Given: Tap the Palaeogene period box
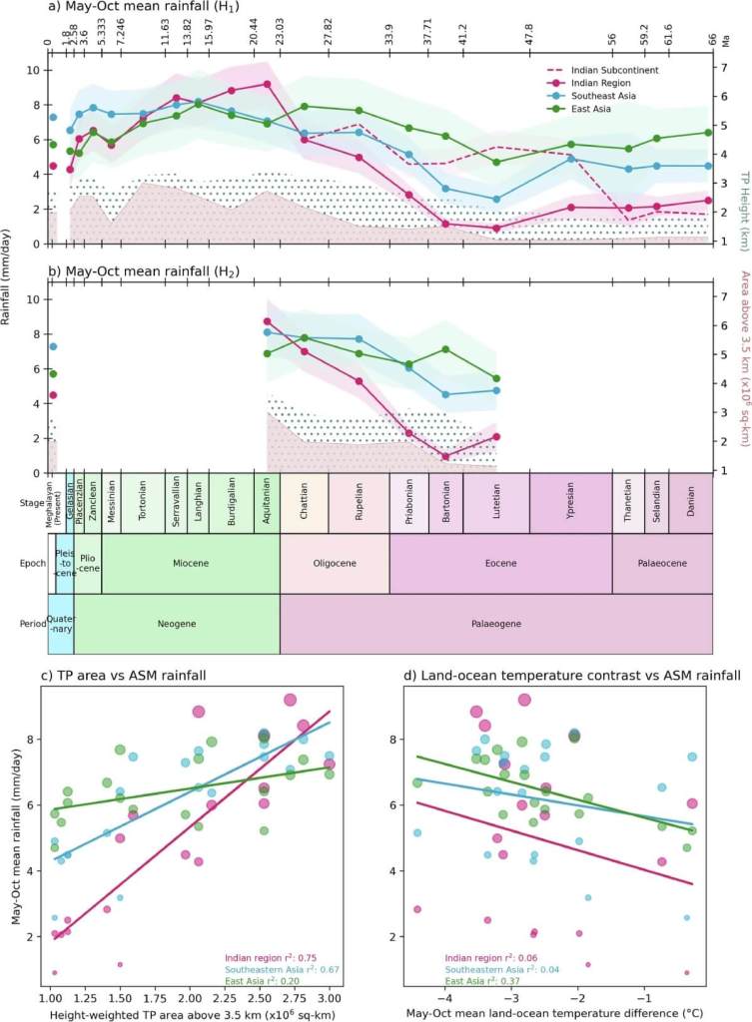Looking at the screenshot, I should [x=495, y=623].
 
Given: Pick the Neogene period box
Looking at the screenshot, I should [x=176, y=623].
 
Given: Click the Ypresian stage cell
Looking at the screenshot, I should [x=570, y=503].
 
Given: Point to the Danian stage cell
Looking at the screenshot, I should [x=690, y=503].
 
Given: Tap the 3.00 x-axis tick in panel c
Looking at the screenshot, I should [x=329, y=998].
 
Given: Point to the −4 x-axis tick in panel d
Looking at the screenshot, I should [x=444, y=998].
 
